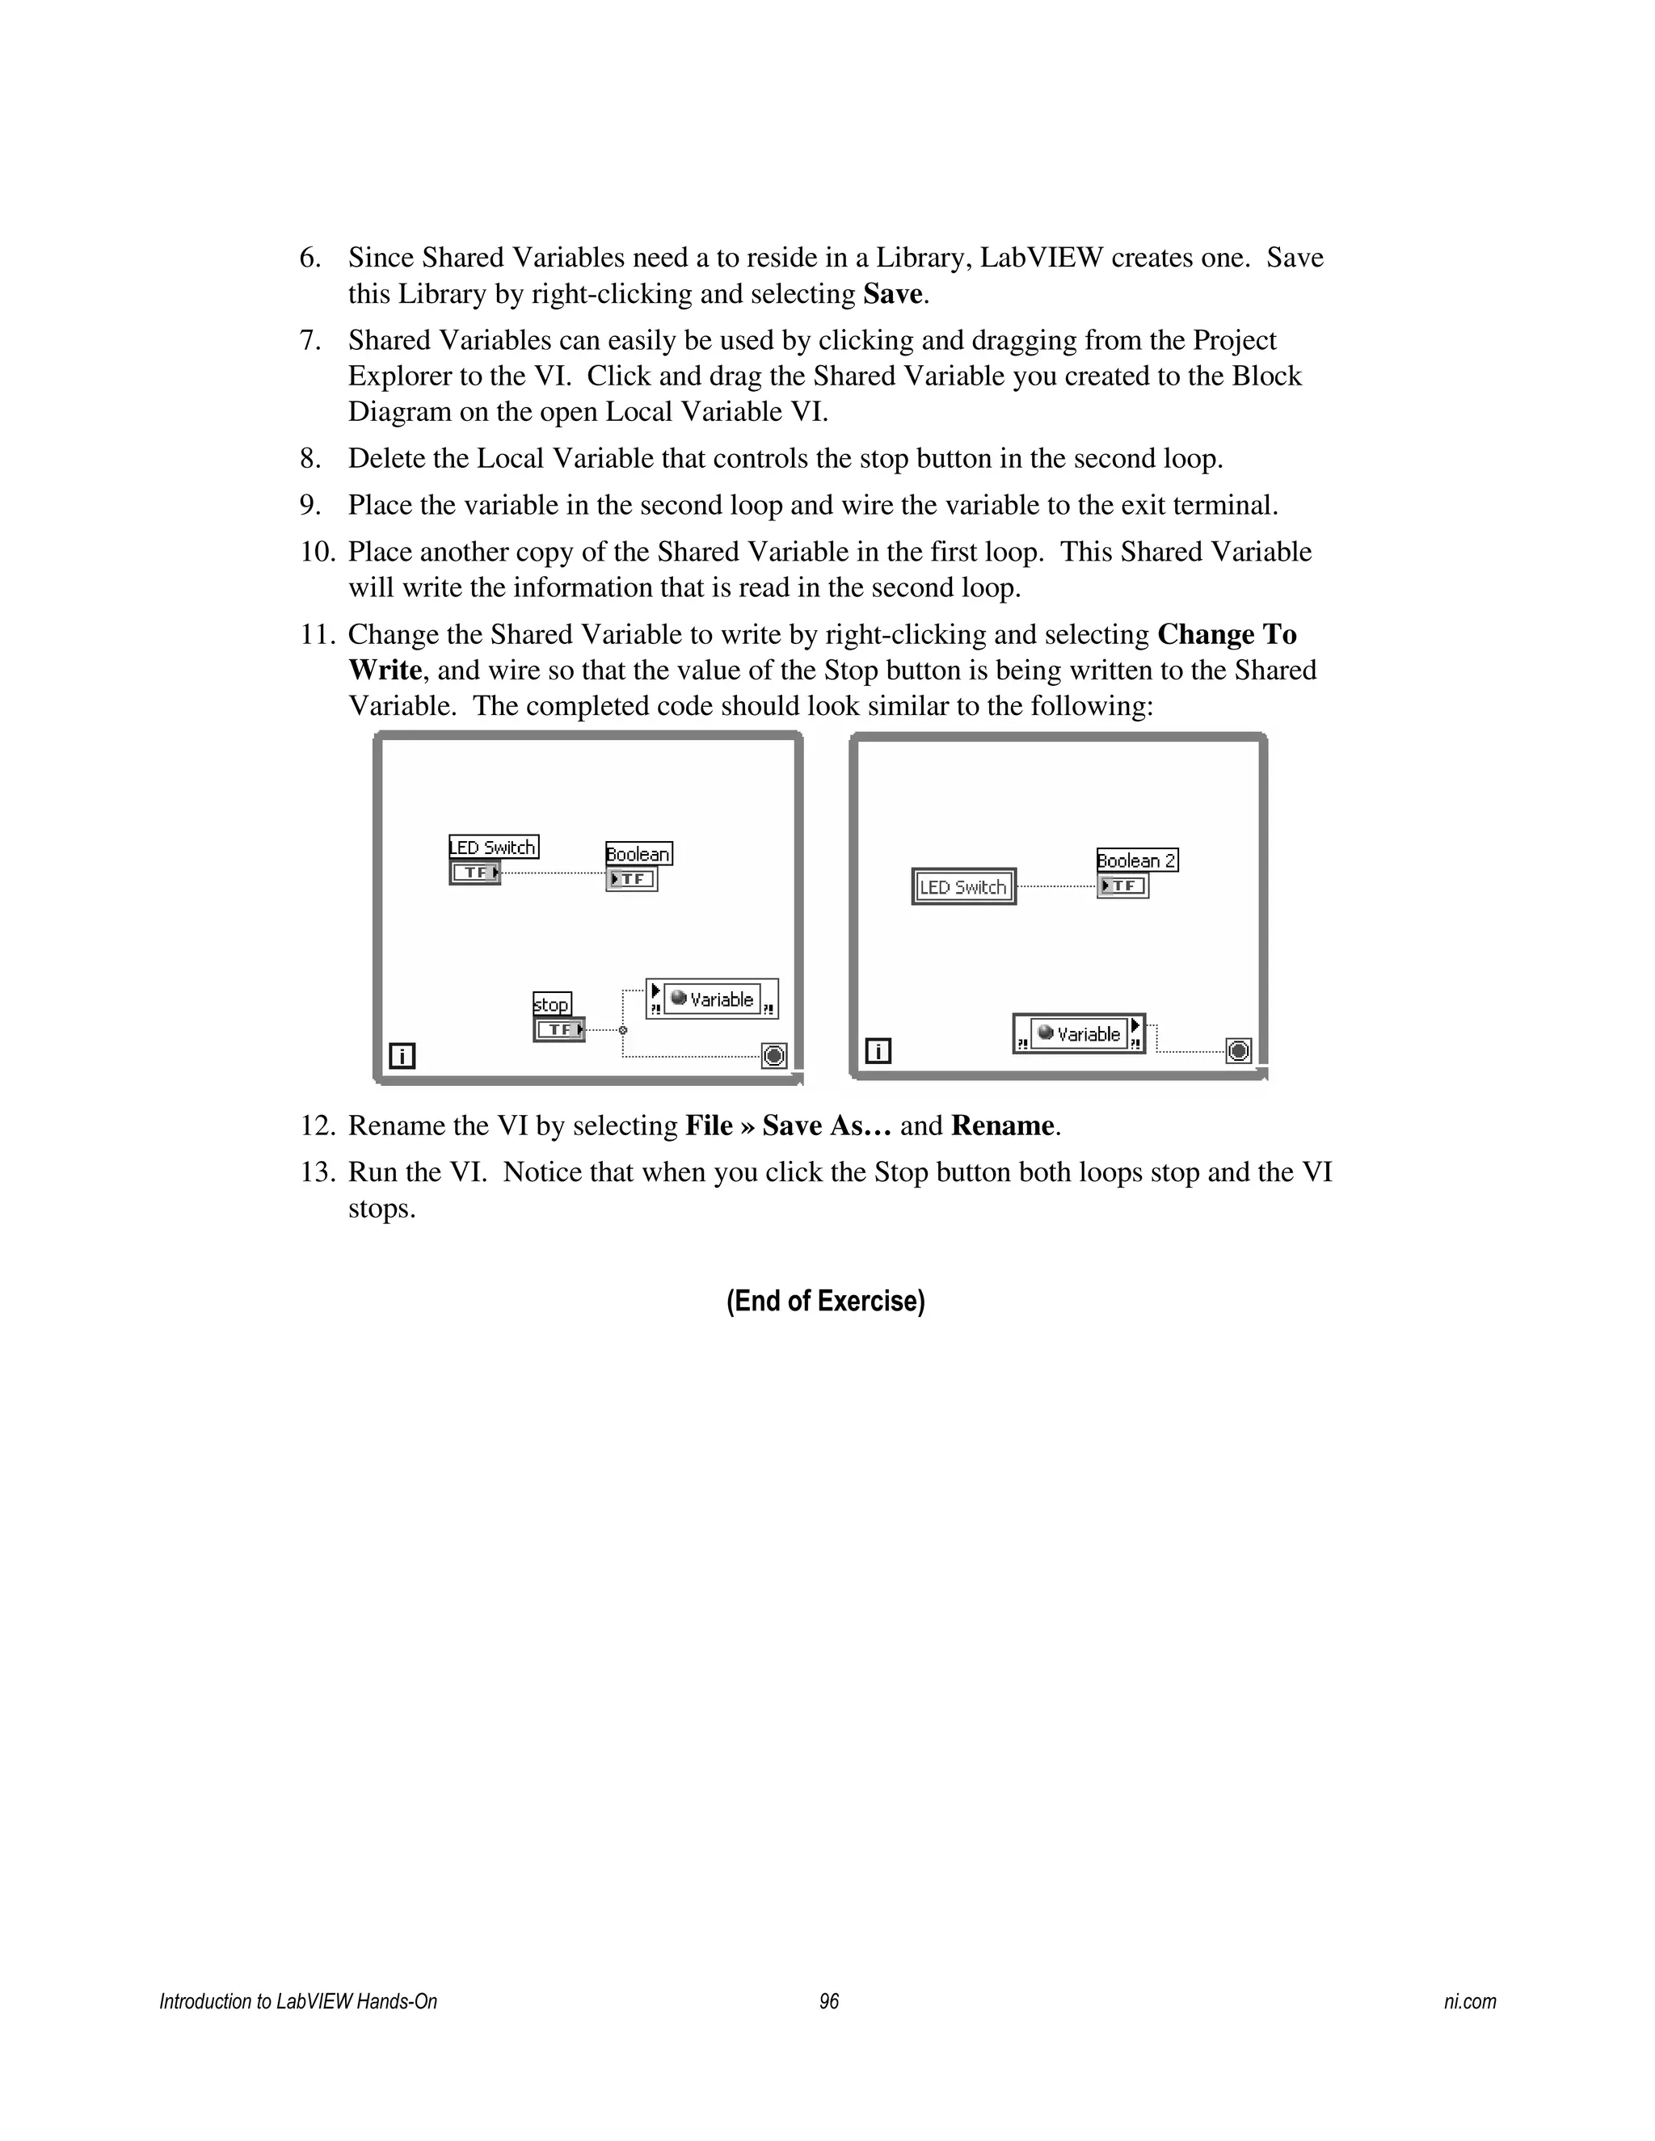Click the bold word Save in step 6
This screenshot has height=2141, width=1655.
(892, 294)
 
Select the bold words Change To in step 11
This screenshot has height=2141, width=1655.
(1227, 635)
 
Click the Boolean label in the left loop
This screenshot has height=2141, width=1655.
(638, 854)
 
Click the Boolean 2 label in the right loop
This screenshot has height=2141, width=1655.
(1136, 860)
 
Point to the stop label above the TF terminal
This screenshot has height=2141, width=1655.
(551, 1003)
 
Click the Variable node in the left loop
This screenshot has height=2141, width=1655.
(712, 999)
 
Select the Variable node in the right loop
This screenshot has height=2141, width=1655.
(1079, 1033)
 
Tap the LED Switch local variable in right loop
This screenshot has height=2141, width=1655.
(962, 886)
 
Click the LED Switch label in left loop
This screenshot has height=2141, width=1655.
(493, 847)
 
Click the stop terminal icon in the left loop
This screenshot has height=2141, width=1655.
(773, 1056)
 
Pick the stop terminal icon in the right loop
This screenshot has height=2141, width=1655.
(1238, 1051)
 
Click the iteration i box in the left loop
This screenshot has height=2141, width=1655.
(402, 1056)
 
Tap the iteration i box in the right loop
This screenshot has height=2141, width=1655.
(878, 1051)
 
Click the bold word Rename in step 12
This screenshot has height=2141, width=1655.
(1003, 1125)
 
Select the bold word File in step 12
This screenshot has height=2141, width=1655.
(708, 1125)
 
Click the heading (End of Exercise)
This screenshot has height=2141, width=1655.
(826, 1301)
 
